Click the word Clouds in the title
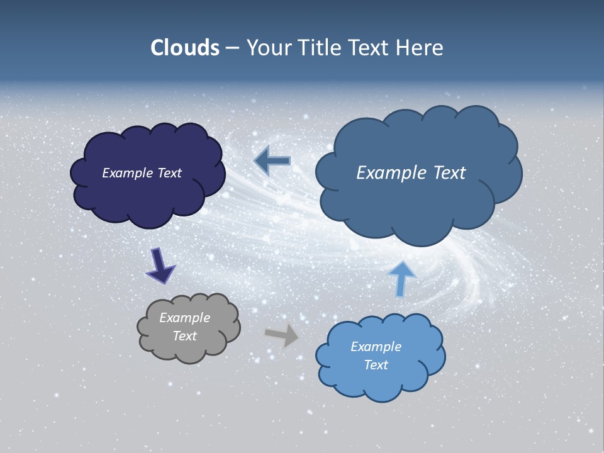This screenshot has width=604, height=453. point(184,48)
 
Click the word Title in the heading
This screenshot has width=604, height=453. point(318,48)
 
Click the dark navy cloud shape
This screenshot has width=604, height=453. point(148,195)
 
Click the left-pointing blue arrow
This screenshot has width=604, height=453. point(272,161)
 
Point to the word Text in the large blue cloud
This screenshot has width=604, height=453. point(450,173)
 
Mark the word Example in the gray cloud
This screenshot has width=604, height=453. point(184,318)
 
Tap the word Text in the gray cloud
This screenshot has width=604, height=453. point(184,336)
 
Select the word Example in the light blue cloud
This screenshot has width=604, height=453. point(376,347)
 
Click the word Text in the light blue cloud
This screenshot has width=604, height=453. point(376,365)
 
